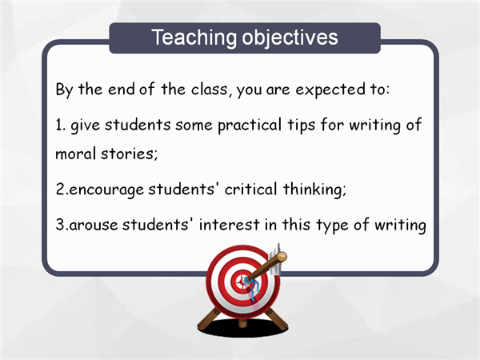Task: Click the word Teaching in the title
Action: pos(194,38)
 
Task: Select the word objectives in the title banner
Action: pos(290,38)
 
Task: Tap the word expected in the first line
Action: pos(330,90)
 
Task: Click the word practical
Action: pos(250,126)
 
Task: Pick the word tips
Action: pos(302,126)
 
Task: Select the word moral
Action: pos(75,153)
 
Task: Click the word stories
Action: pos(129,153)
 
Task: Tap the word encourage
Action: pos(106,190)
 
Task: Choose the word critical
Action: pos(250,189)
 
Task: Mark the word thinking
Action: pos(314,189)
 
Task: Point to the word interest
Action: pos(230,224)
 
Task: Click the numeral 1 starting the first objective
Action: pos(58,126)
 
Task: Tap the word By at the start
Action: pos(64,90)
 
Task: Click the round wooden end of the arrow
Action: pos(282,257)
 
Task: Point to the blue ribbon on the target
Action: pos(254,290)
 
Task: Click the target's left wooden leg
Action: pos(210,318)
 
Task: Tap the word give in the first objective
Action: pos(85,126)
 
